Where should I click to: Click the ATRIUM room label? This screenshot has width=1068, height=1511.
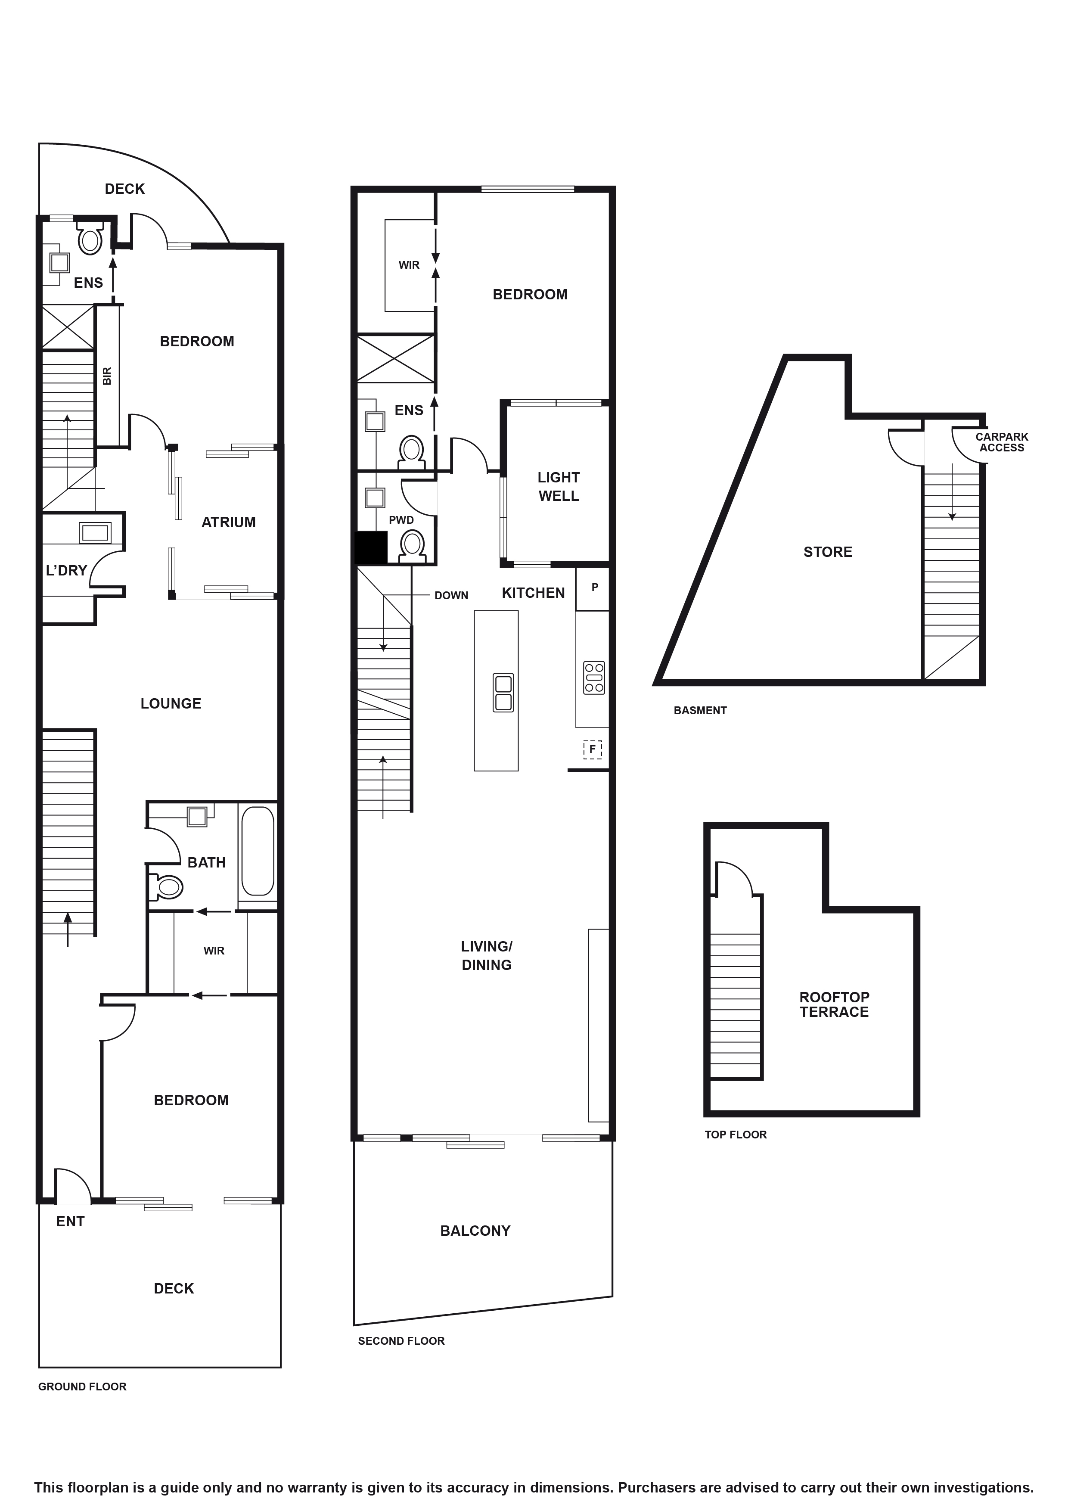click(x=228, y=522)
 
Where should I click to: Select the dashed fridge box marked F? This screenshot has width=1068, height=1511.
click(x=592, y=749)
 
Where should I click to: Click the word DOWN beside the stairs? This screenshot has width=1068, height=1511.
click(x=451, y=596)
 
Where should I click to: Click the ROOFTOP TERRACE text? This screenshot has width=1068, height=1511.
click(x=834, y=1004)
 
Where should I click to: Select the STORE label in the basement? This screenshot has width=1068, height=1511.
click(x=827, y=552)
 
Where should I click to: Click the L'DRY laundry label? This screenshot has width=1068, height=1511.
click(x=66, y=571)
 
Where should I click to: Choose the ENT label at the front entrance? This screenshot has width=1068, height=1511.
click(x=70, y=1222)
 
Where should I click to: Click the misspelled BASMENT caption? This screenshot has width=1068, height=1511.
click(x=699, y=710)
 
